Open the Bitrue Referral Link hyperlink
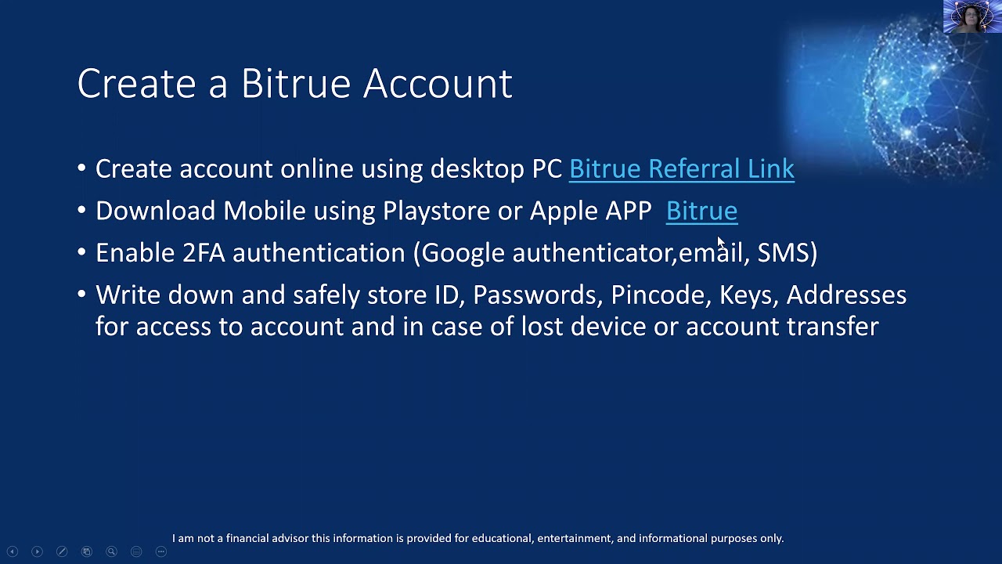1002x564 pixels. [x=681, y=168]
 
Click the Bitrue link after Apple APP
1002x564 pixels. [x=701, y=211]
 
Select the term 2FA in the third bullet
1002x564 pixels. [x=203, y=252]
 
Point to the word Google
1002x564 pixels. [x=463, y=252]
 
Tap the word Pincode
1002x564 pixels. [x=658, y=295]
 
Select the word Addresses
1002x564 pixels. [x=846, y=295]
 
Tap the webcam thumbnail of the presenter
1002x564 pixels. [x=971, y=16]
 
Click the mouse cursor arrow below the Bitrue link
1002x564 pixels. [x=720, y=242]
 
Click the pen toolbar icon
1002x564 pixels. [x=62, y=551]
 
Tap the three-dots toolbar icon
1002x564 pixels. [x=161, y=551]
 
